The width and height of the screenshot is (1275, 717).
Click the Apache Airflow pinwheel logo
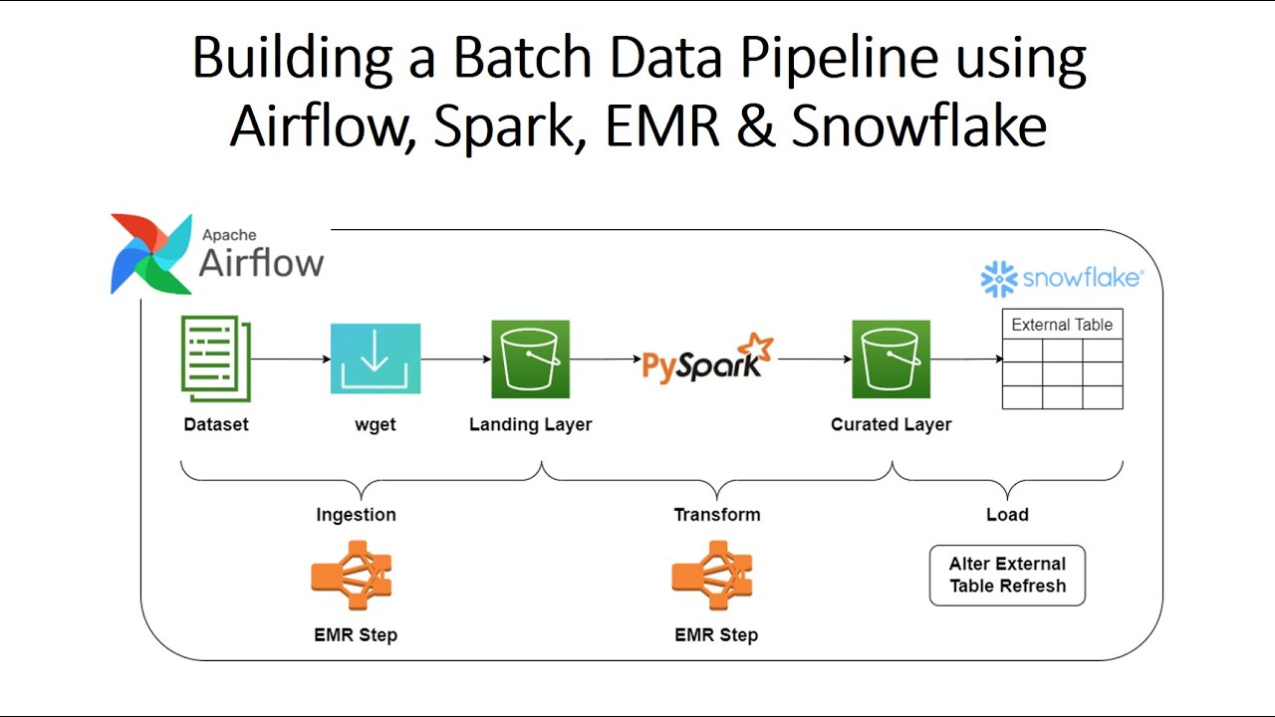pos(151,254)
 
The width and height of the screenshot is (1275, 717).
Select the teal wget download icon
pos(376,358)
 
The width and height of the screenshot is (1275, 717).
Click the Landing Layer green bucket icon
pos(530,358)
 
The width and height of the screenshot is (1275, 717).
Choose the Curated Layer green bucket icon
pos(891,358)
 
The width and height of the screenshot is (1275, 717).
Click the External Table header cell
pos(1062,325)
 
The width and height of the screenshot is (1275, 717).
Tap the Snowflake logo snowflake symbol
pos(999,280)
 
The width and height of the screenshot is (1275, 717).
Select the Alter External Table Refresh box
pos(1007,575)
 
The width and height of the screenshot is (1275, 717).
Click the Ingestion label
pos(356,515)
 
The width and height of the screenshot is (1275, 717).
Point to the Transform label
pos(716,515)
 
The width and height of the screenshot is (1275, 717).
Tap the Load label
pos(1007,515)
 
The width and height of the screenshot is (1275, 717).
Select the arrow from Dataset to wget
pos(291,358)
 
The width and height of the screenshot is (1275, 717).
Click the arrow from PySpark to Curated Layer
pos(813,358)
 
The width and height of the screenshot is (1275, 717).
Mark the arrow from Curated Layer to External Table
pos(966,358)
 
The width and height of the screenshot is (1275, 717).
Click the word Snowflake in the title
pos(918,126)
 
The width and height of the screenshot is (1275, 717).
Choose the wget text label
pos(376,424)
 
